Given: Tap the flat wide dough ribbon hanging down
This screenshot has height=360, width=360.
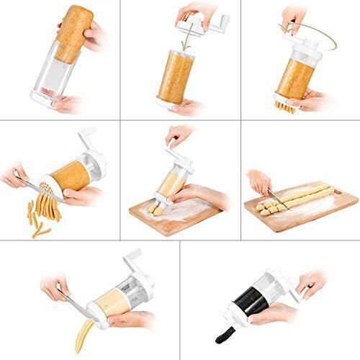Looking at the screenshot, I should coord(85,334).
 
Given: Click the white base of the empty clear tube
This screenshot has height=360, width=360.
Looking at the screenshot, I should coord(54,102).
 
